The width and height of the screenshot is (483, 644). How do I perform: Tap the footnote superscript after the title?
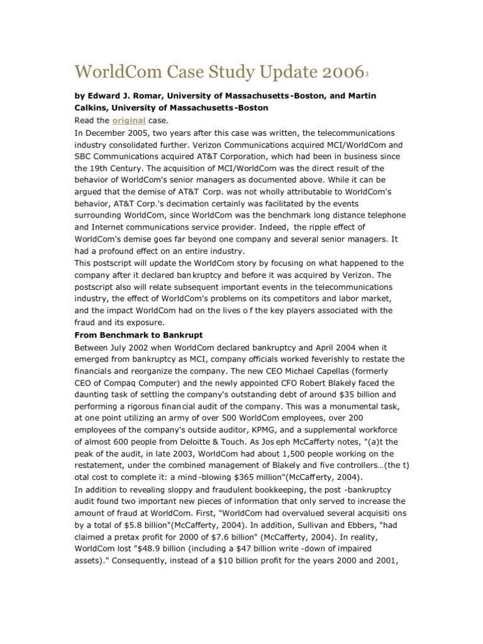pyautogui.click(x=349, y=74)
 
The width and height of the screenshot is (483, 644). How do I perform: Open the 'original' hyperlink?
pyautogui.click(x=129, y=120)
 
